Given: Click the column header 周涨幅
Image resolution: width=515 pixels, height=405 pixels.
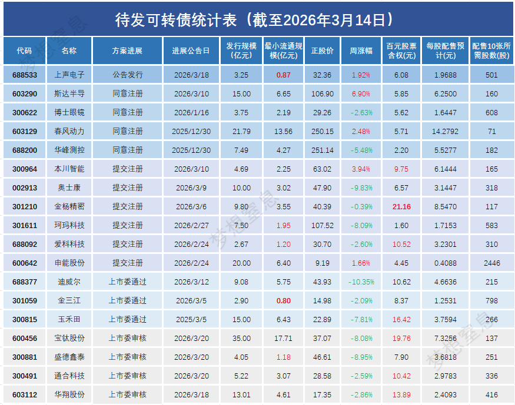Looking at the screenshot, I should pos(361,51).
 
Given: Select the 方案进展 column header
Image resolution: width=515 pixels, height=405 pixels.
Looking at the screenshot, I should pos(127,51).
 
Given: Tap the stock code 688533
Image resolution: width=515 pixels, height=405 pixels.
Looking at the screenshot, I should pos(25,75).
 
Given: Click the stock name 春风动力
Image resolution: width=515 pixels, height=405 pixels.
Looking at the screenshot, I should pos(69,131).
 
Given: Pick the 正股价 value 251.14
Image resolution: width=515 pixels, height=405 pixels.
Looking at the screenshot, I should pos(322,150).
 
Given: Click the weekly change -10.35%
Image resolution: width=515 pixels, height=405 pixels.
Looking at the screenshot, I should pos(361,282).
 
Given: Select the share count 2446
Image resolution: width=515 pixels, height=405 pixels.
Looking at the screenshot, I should pos(492,263).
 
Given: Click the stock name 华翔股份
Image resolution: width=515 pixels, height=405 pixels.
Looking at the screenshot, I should pos(69,394).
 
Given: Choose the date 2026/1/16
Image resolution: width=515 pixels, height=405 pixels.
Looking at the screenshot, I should pos(192,112).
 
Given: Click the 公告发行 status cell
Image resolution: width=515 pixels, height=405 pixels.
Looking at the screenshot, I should pos(127,75).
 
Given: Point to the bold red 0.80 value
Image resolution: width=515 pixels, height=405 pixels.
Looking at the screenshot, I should pos(284,300).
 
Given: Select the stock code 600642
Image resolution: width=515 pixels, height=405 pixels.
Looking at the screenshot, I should pos(25,263).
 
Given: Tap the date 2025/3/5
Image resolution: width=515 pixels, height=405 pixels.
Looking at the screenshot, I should pos(192,319).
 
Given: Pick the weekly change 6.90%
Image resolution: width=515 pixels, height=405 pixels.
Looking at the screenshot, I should pos(361,94).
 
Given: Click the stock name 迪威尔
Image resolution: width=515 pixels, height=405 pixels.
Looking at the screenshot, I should pos(69,282).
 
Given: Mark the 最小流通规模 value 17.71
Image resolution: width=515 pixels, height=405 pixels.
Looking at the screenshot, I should pos(284,338).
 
